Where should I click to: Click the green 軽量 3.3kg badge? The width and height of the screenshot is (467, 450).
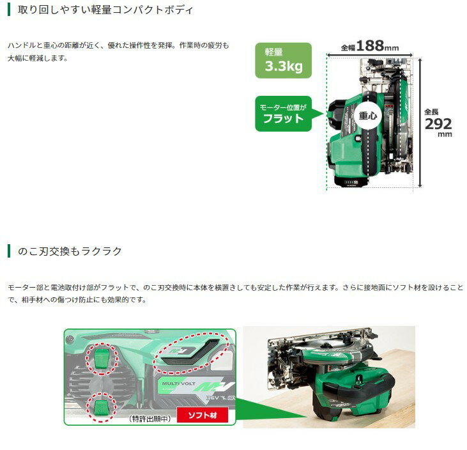(x=283, y=60)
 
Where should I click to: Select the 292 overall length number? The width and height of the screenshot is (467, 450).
(x=438, y=123)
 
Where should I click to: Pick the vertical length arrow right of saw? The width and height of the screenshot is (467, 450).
(x=420, y=121)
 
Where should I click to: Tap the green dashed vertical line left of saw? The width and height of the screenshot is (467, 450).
(x=326, y=121)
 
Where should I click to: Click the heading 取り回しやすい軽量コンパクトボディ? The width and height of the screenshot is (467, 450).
(x=103, y=11)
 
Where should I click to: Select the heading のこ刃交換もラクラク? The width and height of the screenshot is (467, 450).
(x=67, y=251)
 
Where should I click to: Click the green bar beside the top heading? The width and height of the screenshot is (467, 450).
(x=8, y=11)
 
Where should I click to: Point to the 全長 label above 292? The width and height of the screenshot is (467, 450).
(x=432, y=112)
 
